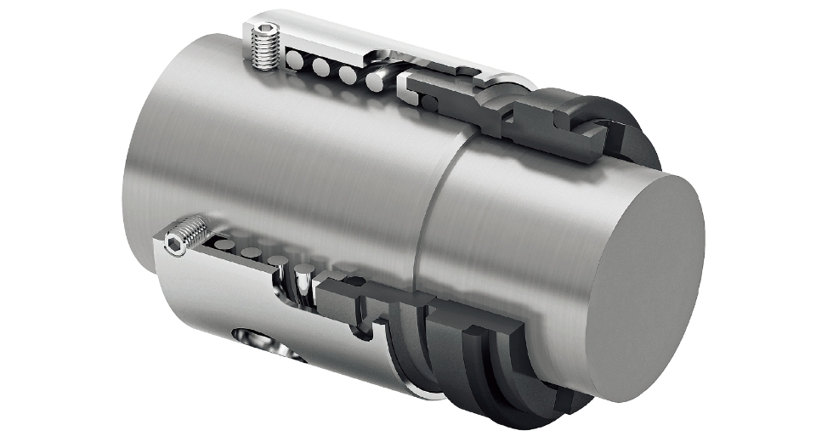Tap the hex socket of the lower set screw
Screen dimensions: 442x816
(x=173, y=246)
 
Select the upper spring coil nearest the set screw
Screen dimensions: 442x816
(x=293, y=62)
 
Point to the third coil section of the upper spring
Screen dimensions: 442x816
(x=347, y=74)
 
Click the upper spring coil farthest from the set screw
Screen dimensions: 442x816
(x=374, y=81)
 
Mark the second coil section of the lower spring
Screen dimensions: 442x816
(x=250, y=252)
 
